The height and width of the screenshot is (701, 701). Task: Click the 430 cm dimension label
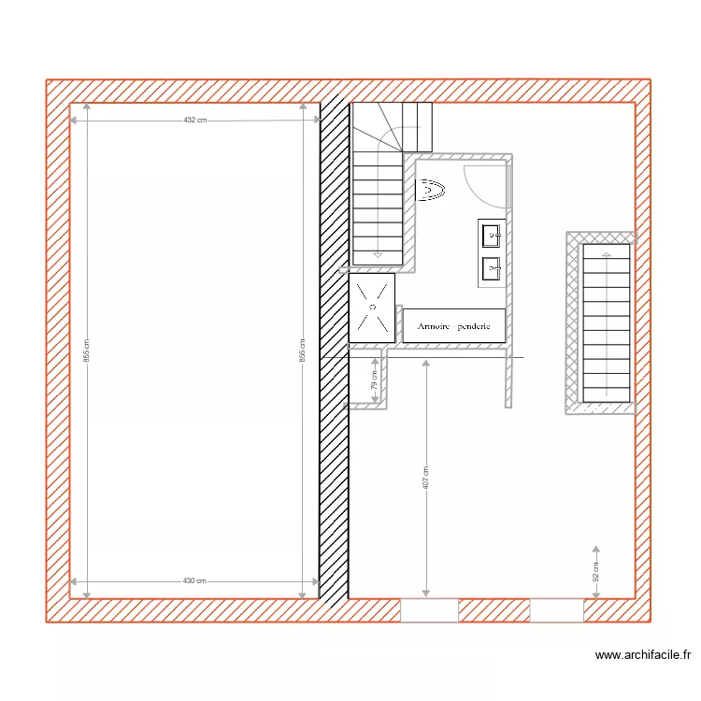(194, 580)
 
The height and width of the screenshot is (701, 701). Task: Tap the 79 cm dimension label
(374, 379)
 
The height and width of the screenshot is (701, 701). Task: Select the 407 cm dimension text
(426, 478)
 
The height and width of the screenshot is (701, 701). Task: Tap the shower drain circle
(372, 306)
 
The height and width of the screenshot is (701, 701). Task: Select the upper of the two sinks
(492, 236)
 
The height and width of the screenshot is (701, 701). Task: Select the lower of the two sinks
(492, 269)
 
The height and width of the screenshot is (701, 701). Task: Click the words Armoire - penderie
(454, 326)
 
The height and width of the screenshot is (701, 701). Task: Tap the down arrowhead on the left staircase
(378, 253)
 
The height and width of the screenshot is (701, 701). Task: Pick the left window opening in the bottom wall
(429, 611)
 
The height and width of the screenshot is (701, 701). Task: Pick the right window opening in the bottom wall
(556, 611)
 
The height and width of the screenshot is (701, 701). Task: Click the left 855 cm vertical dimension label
(86, 350)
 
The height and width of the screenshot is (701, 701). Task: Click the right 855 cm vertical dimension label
(302, 350)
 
